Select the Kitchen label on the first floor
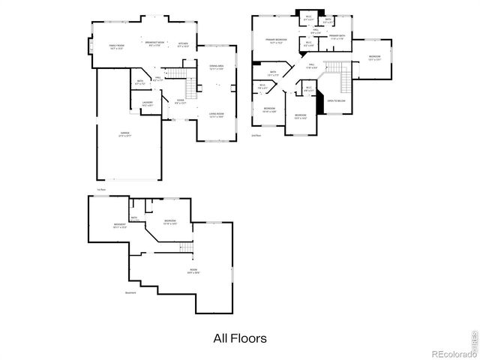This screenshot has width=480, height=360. (183, 45)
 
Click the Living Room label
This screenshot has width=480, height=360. (217, 115)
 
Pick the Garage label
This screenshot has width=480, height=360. (124, 135)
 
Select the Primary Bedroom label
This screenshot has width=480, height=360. (276, 40)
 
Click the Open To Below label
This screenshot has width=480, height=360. (336, 100)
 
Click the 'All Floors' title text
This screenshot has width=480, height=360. (239, 338)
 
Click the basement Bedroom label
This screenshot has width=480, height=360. (169, 222)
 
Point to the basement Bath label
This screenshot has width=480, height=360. (134, 219)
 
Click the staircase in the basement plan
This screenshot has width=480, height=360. (183, 247)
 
